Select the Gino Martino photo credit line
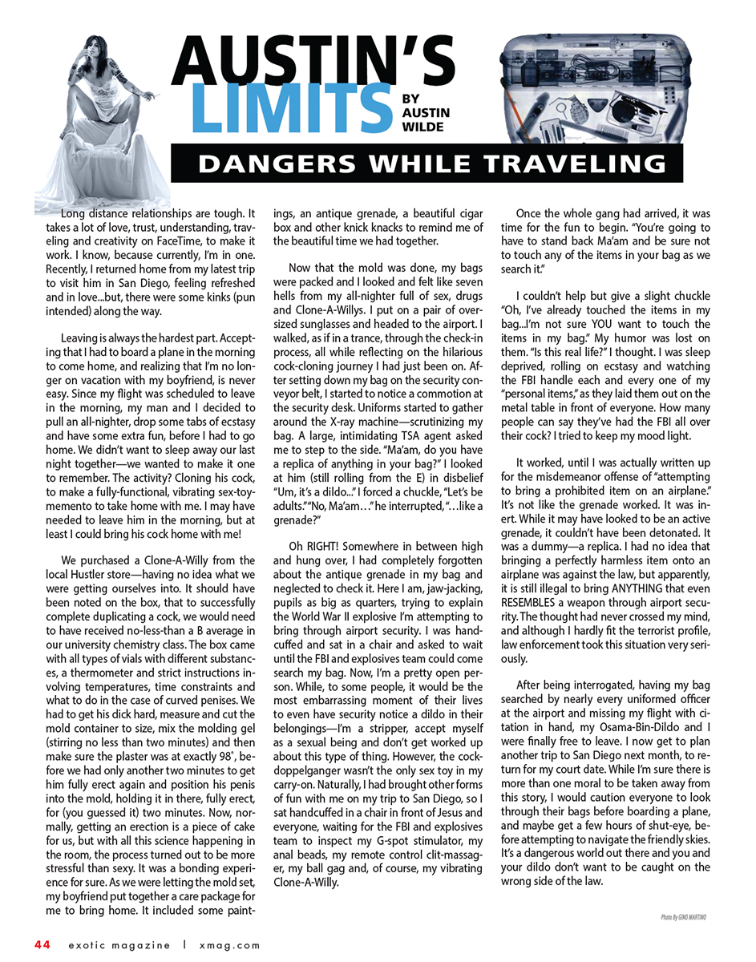[x=684, y=916]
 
